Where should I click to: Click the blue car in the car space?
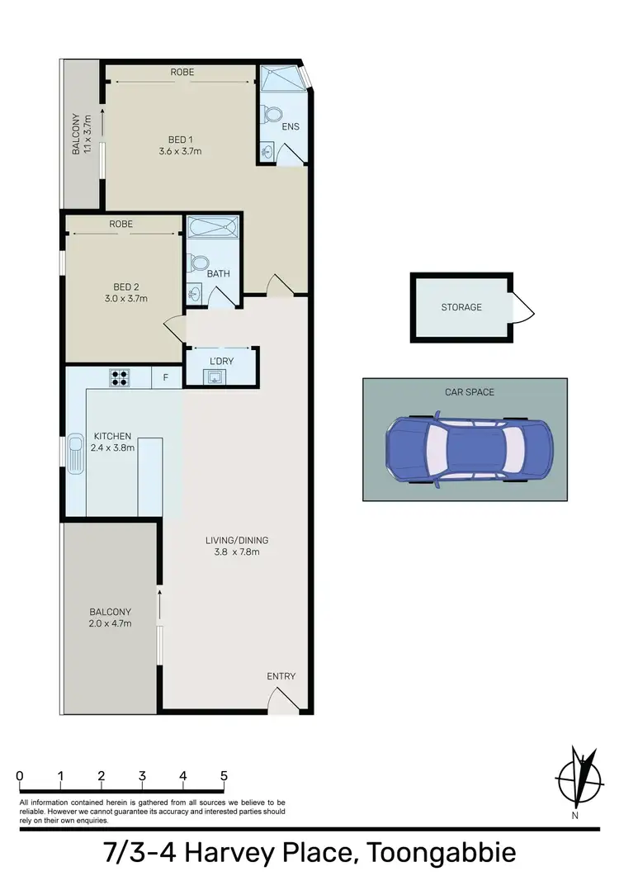point(468,450)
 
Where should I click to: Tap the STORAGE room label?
point(461,307)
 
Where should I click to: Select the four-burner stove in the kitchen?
point(120,378)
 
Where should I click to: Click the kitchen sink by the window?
point(76,454)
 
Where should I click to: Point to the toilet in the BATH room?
point(198,263)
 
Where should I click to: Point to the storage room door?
point(521,310)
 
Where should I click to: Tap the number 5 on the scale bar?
point(224,776)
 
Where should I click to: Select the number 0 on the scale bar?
point(19,776)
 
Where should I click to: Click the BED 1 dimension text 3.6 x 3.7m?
point(180,151)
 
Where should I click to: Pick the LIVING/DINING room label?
point(237,541)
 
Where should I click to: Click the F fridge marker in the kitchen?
point(166,378)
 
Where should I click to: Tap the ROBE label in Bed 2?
point(120,224)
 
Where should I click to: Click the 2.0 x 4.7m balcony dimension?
point(111,623)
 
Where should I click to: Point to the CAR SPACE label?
point(465,391)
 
